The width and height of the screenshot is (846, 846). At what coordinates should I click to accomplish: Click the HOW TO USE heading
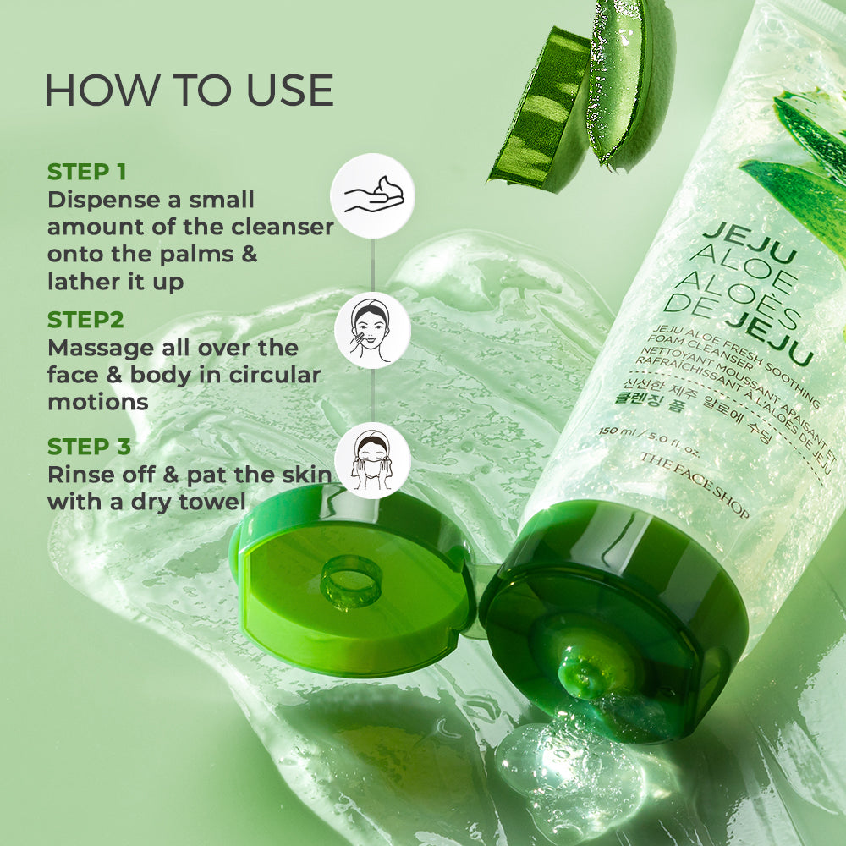coord(189,91)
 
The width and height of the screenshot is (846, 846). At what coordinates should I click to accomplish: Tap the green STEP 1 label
coord(86,172)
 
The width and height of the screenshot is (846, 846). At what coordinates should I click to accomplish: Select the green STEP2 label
coord(85,320)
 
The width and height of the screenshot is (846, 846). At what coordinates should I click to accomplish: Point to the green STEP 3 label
coord(89,447)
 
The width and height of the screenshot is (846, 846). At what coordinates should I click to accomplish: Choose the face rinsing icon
coord(372,461)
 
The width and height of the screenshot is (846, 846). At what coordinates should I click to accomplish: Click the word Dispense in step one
coord(104,201)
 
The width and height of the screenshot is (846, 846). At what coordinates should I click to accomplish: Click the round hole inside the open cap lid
coord(351,582)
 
